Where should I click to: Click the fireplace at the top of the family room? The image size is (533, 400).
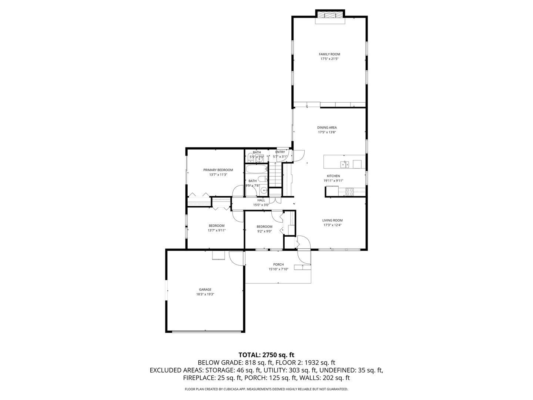330,15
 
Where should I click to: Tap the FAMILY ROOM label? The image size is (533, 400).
329,54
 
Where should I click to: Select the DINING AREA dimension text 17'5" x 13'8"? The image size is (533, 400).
327,132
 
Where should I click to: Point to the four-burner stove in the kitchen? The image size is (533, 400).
349,192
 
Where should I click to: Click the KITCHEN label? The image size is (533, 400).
333,176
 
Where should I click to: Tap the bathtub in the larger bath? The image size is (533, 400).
257,170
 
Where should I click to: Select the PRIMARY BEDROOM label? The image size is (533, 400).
218,170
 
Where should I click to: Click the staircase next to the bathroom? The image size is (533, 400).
275,177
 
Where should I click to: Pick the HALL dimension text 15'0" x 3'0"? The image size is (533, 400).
261,205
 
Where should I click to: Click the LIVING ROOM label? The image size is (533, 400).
332,220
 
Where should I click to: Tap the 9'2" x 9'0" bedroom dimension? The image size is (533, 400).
264,231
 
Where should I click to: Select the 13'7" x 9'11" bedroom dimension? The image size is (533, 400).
217,230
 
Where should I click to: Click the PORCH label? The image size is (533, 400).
278,264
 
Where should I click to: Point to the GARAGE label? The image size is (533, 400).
205,290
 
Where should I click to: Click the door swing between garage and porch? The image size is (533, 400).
235,258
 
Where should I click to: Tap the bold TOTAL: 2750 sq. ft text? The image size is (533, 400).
266,355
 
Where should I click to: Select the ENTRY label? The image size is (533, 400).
280,152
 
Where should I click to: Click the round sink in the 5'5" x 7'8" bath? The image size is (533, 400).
264,191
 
